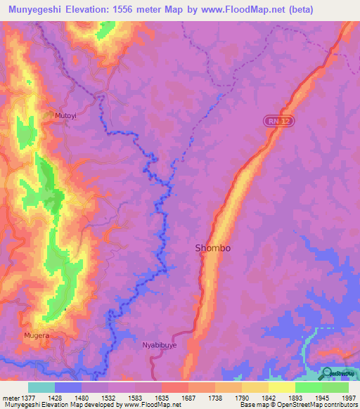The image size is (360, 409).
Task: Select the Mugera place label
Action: (36, 335)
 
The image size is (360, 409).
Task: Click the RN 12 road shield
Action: (279, 122)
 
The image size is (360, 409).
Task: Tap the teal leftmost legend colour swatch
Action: (41, 387)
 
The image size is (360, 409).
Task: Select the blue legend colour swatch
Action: (68, 387)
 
